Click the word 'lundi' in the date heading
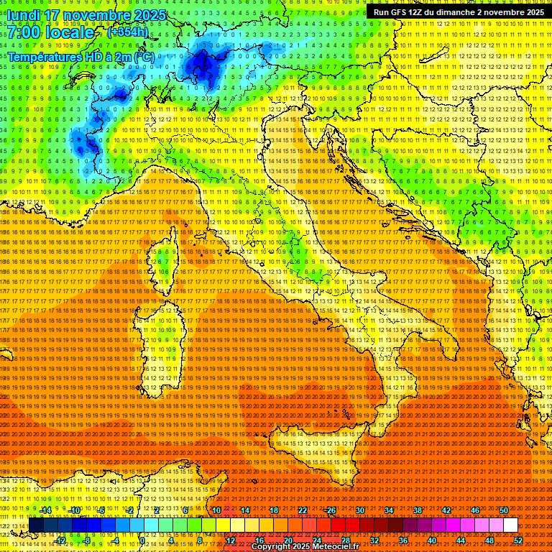click(x=23, y=15)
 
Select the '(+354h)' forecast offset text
click(x=128, y=32)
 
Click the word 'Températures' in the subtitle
click(x=45, y=56)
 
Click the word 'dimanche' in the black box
click(x=456, y=12)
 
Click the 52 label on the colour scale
click(x=517, y=540)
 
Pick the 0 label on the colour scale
click(x=143, y=540)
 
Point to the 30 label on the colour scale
click(x=360, y=510)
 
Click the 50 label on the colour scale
click(x=503, y=510)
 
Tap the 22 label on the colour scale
click(x=303, y=510)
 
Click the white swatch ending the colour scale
click(x=510, y=525)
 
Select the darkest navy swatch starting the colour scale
click(x=36, y=525)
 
